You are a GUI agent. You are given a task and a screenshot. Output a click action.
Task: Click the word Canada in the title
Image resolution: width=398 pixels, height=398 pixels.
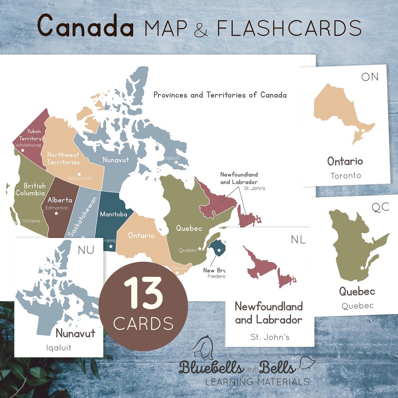85,26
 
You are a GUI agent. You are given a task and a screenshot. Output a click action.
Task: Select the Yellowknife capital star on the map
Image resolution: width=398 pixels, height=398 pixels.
78,174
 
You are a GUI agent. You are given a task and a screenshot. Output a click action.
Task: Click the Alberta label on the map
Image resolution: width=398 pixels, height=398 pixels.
60,200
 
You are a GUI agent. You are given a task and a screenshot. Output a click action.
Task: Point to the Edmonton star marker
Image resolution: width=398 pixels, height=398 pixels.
56,213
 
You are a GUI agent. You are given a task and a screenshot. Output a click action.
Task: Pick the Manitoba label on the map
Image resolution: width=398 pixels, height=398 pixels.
114,214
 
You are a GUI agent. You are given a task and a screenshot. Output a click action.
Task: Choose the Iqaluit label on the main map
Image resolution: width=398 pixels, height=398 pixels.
172,157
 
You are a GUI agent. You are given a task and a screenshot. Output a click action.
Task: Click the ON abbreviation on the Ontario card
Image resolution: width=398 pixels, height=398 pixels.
370,77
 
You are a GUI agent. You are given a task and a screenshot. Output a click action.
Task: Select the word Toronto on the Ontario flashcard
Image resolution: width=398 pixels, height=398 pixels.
346,175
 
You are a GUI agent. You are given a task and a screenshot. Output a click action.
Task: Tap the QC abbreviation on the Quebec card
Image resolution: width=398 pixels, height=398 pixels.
380,207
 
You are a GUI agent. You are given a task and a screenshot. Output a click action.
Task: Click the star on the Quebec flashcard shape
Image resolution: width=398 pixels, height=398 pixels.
362,268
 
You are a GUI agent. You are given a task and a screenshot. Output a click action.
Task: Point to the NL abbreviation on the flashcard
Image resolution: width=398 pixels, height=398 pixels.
298,240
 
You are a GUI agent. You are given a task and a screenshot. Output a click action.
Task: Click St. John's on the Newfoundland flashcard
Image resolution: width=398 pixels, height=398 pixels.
270,337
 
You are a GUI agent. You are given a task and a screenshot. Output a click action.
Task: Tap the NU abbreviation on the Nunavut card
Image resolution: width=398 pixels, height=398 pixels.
86,250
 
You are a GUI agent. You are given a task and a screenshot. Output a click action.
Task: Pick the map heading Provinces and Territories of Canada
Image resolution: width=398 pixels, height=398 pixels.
220,95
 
